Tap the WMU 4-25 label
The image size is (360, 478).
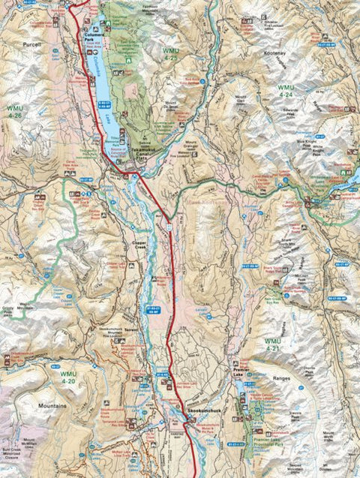pos(169,53)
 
